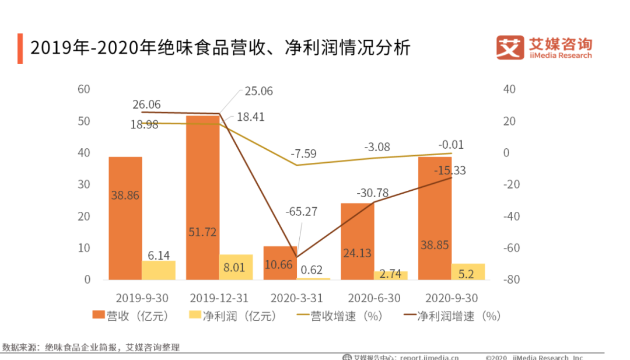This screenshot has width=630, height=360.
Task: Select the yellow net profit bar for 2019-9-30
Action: [159, 270]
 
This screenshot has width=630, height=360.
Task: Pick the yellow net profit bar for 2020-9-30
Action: [468, 271]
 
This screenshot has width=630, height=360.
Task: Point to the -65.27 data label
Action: [301, 211]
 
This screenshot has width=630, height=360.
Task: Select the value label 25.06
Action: [258, 91]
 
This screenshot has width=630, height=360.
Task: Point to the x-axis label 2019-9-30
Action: [142, 298]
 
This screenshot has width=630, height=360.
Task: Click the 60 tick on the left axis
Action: [84, 89]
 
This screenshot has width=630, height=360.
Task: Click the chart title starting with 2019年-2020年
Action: [220, 48]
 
